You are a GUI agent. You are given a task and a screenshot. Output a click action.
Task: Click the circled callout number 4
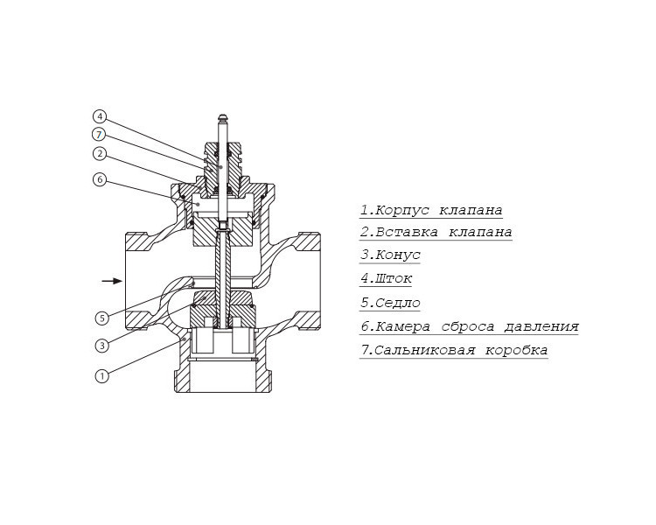[100, 116]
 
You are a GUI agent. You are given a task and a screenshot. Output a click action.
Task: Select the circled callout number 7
[99, 135]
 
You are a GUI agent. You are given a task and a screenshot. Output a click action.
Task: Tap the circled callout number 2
[100, 154]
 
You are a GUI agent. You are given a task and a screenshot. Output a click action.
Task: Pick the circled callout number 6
[100, 180]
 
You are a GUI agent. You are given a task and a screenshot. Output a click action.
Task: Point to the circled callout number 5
[102, 318]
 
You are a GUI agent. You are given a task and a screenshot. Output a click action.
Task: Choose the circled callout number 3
[102, 346]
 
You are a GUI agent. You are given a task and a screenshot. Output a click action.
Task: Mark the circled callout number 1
[102, 376]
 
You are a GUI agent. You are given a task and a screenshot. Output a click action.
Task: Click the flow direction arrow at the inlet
[112, 281]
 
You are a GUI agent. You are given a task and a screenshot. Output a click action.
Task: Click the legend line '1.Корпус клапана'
[431, 210]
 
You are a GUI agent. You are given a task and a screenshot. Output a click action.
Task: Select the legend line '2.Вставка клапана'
[436, 233]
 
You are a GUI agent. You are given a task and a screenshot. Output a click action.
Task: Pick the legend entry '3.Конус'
[390, 255]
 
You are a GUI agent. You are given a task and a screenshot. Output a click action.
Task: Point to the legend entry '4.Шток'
[386, 279]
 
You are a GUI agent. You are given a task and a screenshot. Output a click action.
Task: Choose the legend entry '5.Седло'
[390, 303]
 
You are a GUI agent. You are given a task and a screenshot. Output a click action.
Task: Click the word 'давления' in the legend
[541, 326]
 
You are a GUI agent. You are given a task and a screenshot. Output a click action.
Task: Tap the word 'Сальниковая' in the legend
[424, 350]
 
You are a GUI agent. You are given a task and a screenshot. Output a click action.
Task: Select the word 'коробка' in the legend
[517, 350]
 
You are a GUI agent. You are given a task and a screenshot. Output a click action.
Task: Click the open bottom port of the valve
[223, 378]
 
